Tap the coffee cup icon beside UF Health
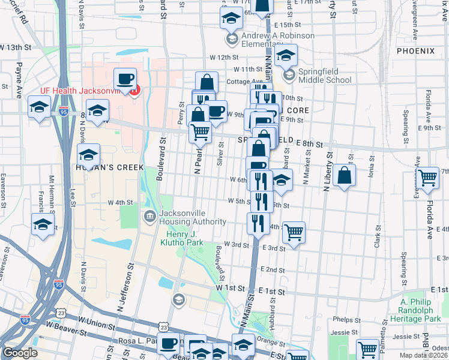[125, 79]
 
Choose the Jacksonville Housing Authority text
[190, 215]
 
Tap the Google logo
[20, 352]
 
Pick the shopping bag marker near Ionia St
[345, 175]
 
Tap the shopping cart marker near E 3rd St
[294, 232]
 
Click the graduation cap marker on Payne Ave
[40, 107]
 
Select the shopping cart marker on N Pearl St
[200, 131]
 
